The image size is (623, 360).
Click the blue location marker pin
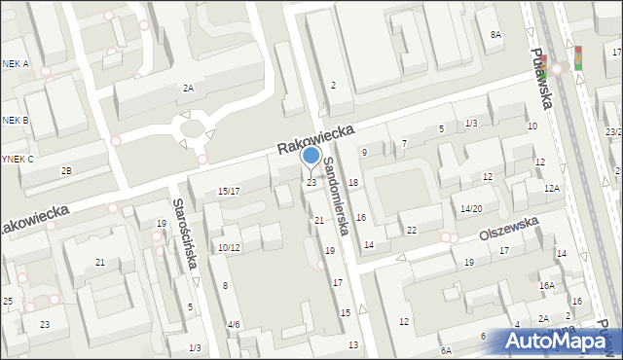[311, 157]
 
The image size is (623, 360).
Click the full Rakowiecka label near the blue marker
[315, 137]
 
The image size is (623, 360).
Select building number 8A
[495, 35]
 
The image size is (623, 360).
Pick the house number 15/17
[229, 191]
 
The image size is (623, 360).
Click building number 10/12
[229, 248]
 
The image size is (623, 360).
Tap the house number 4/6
[233, 324]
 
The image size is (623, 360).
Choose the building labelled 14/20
[471, 208]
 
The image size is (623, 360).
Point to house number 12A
[552, 188]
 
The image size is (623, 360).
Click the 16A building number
[547, 285]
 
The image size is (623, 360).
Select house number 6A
[445, 350]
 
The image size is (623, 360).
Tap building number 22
[412, 230]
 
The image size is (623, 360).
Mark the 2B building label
[66, 171]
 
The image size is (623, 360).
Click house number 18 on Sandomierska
[353, 183]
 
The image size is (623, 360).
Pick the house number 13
[353, 345]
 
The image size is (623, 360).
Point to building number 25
[7, 302]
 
